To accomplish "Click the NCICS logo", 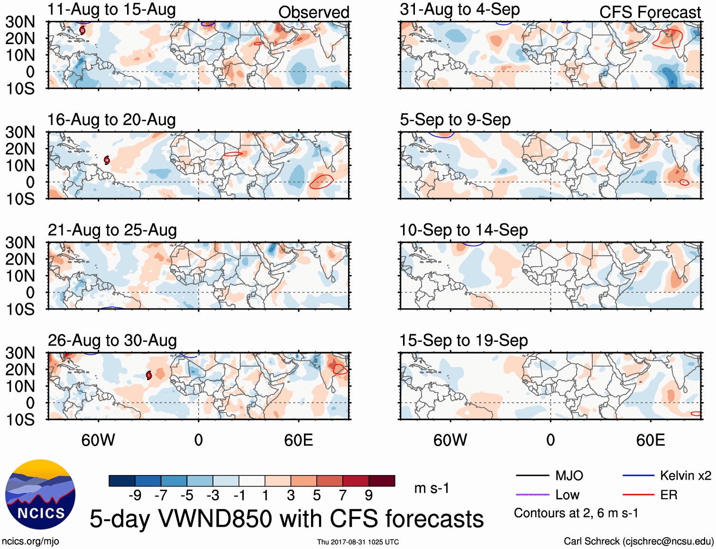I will click(x=40, y=494).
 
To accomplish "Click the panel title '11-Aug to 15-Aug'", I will click(x=111, y=9).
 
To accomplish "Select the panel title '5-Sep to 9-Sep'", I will click(x=455, y=120).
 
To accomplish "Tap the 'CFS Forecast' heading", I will click(x=650, y=12).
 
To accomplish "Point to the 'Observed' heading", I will click(x=313, y=12).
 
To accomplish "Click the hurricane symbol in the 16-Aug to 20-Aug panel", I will click(x=107, y=160).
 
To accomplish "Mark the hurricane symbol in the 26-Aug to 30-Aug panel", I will click(x=149, y=375).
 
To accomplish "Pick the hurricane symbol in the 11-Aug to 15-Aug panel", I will click(x=83, y=30).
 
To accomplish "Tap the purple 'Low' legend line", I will click(x=532, y=495).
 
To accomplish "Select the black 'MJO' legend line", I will click(x=532, y=476).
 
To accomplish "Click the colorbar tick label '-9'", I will click(x=135, y=495).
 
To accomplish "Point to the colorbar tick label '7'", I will click(x=343, y=495).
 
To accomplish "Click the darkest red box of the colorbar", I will click(x=382, y=481).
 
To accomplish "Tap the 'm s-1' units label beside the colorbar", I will click(x=431, y=488).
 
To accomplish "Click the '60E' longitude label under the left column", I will click(x=298, y=440).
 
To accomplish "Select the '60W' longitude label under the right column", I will click(x=450, y=440).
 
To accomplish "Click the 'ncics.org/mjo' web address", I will click(x=31, y=541).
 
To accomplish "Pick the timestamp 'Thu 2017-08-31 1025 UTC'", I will click(x=358, y=542).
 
